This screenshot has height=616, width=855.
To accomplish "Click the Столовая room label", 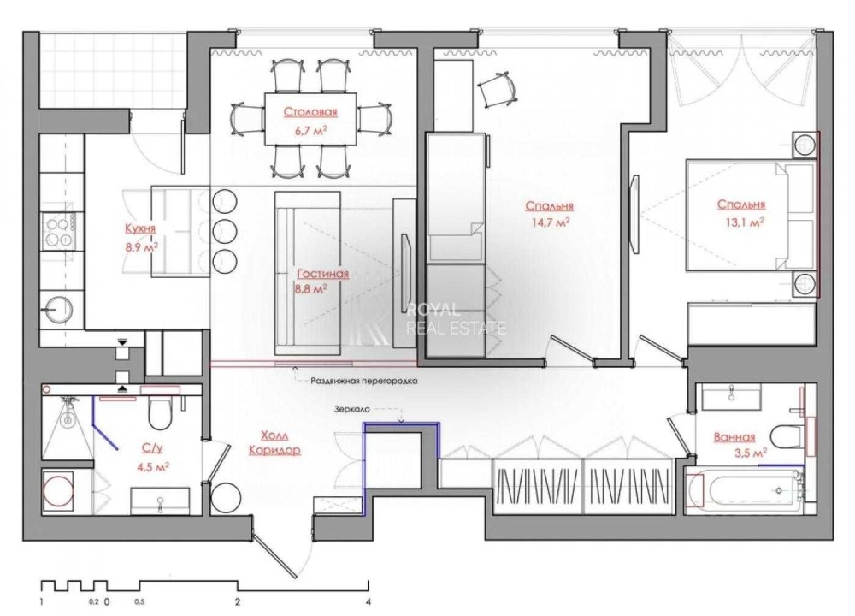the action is click(310, 112).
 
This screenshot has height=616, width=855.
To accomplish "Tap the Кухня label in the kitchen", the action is click(140, 228).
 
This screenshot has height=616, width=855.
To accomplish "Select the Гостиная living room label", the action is click(323, 274).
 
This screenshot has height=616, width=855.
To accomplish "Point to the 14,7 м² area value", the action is click(550, 222).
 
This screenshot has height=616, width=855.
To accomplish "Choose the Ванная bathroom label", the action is click(734, 436).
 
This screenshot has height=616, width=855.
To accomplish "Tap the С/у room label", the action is click(153, 448).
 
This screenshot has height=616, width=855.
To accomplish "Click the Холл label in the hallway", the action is click(274, 435).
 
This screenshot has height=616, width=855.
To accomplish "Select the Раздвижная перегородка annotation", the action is click(364, 381).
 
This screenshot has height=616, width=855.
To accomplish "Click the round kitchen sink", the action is click(56, 310).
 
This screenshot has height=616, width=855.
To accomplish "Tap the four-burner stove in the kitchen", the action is click(60, 231).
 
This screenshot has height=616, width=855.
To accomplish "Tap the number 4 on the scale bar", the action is click(369, 602).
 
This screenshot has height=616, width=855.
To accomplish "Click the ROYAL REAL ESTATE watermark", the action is click(457, 319).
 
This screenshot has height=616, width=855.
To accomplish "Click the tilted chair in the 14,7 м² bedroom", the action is click(496, 88).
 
